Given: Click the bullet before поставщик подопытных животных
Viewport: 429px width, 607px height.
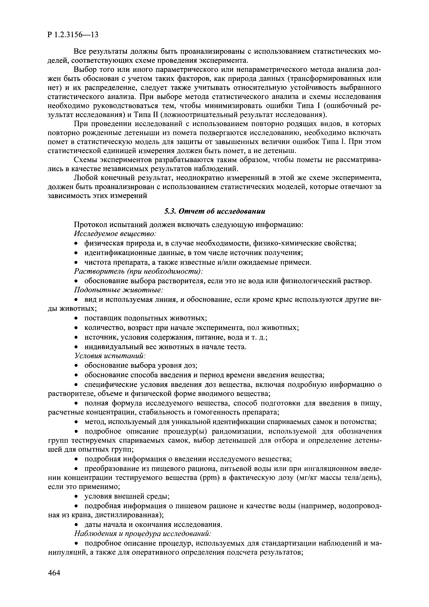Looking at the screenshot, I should pyautogui.click(x=76, y=318).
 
